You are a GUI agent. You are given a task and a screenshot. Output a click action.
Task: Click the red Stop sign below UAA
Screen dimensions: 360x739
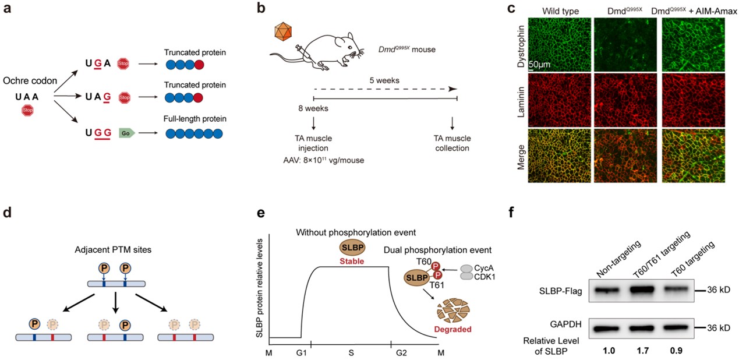pos(27,109)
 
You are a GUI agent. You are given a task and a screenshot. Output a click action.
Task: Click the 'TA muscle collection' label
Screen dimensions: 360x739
pos(452,143)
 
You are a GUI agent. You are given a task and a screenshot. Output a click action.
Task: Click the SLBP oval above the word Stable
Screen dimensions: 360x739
pos(352,247)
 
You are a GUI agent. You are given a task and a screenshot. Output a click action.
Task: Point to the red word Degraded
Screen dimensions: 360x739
pos(456,330)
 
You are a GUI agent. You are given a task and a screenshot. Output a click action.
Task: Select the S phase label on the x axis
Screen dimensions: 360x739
pos(351,353)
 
